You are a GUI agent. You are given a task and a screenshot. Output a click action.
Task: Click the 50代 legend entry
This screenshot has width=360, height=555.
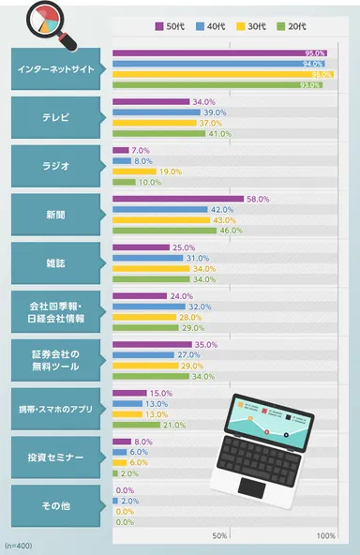tap(170, 26)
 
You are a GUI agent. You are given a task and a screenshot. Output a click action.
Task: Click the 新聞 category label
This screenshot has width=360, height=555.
tap(55, 214)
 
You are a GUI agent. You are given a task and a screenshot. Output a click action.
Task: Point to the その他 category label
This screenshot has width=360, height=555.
tap(55, 505)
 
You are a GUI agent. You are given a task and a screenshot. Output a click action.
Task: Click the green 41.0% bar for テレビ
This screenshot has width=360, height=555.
tap(158, 133)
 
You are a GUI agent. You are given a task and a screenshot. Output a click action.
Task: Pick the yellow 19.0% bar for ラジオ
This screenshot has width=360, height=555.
tap(133, 172)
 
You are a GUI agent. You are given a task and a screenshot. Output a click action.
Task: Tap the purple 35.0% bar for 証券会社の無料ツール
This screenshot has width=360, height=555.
tap(152, 345)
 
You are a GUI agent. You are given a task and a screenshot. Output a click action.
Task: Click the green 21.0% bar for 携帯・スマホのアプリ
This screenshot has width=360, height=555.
tap(136, 425)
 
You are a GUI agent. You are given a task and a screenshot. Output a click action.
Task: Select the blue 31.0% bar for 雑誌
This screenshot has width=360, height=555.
tap(147, 259)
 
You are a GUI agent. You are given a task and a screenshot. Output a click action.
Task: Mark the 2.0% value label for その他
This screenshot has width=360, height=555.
tap(129, 501)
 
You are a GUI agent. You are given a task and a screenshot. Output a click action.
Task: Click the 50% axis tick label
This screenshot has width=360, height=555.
tap(219, 534)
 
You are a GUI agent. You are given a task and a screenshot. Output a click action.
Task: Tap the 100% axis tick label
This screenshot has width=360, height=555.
tap(325, 534)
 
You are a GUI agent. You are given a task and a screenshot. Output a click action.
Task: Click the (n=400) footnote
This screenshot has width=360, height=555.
tap(19, 545)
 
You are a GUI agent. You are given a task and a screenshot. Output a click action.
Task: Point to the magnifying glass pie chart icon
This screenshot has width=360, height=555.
tap(43, 20)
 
